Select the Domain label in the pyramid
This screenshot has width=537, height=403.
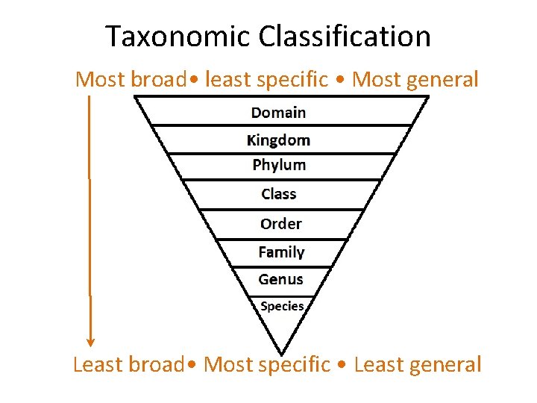pos(278,113)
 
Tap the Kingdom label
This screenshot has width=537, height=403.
pos(278,140)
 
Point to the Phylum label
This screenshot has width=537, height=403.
pos(279,165)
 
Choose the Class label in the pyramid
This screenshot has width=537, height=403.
pos(279,194)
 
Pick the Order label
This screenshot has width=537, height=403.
pos(280,224)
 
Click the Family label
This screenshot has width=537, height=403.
pos(281,252)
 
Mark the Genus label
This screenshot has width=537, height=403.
pos(280,279)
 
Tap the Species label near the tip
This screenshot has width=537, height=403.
pos(282,306)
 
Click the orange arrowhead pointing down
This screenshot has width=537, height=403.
pos(90,341)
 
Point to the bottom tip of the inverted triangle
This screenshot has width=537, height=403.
pos(281,352)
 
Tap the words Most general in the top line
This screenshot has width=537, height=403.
pos(415,79)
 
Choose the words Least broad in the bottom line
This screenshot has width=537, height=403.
pos(128,364)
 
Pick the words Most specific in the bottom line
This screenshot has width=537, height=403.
pos(266,364)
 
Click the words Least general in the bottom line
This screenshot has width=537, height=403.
pos(418,364)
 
